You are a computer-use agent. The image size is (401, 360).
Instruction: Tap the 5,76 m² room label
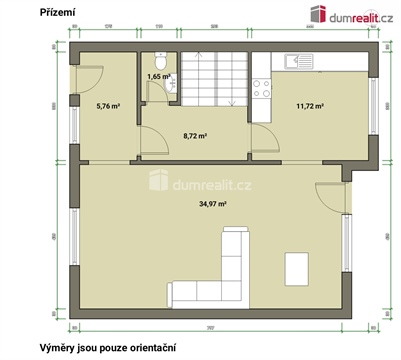click(107, 104)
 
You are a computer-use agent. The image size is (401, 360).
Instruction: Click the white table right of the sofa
click(297, 267)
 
